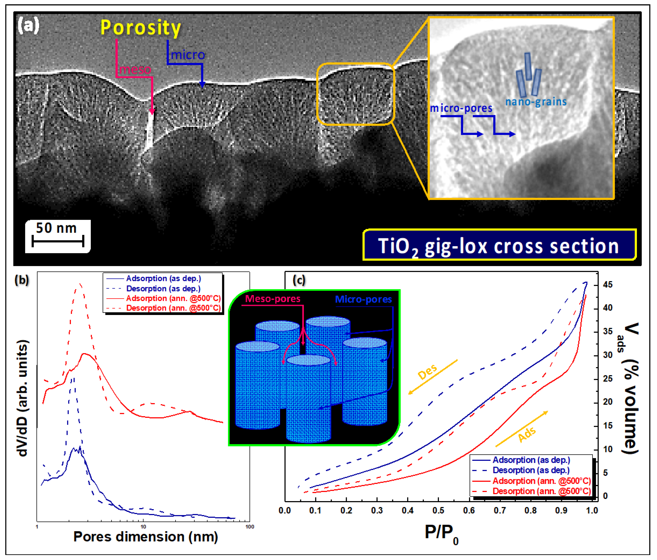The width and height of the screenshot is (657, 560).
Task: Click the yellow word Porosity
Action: pyautogui.click(x=141, y=28)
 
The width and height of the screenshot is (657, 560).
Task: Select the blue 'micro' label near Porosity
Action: pyautogui.click(x=188, y=55)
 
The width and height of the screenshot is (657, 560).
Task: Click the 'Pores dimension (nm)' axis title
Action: pyautogui.click(x=146, y=537)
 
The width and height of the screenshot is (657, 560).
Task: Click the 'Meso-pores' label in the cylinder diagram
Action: pyautogui.click(x=273, y=299)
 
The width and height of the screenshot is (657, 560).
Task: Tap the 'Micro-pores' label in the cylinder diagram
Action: pyautogui.click(x=363, y=299)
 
